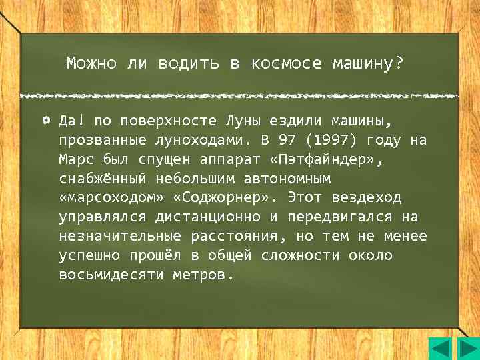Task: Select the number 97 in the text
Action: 287,141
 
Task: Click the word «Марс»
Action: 75,161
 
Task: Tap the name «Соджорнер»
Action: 229,199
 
